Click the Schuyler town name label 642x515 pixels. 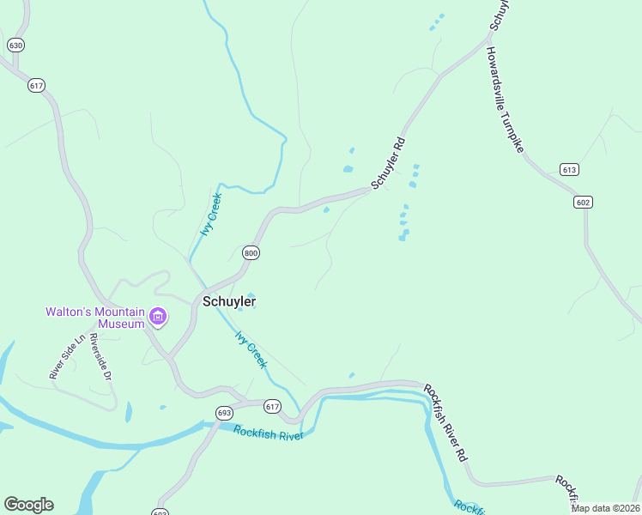coord(229,301)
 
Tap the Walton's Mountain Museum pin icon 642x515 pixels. coord(158,318)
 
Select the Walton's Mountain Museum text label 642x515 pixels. coord(96,318)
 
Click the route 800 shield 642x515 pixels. coord(251,253)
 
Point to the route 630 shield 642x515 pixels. coord(15,44)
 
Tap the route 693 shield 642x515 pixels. coord(225,413)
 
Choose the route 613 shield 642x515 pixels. coord(569,170)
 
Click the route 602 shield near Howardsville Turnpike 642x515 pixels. coord(584,202)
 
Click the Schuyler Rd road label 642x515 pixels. coord(388,161)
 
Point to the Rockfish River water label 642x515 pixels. coord(268,433)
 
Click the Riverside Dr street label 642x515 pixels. coord(101,356)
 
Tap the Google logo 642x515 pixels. coord(28,505)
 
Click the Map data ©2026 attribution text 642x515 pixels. coord(604,508)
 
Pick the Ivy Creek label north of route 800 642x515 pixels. coord(211,213)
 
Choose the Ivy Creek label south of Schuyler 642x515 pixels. coord(251,350)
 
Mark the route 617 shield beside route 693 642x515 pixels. coord(273,406)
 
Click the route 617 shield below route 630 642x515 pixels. coord(36,85)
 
